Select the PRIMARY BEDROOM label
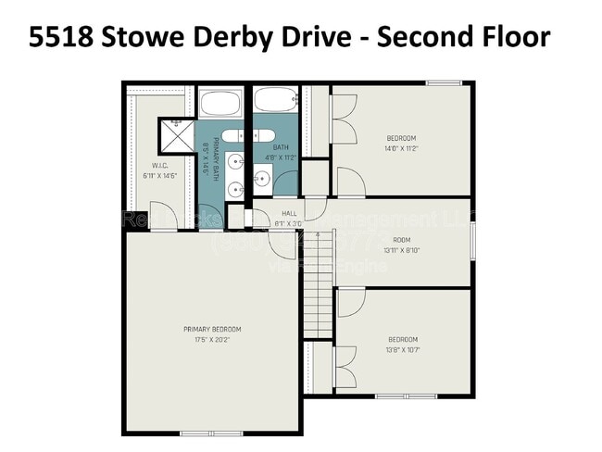click(212, 329)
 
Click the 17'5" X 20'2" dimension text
click(212, 339)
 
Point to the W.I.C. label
click(158, 165)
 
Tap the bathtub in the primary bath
click(221, 102)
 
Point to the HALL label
click(288, 212)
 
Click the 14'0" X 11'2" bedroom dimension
click(401, 148)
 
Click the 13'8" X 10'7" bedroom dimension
click(402, 349)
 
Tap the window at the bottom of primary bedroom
click(201, 433)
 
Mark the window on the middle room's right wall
click(472, 243)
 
